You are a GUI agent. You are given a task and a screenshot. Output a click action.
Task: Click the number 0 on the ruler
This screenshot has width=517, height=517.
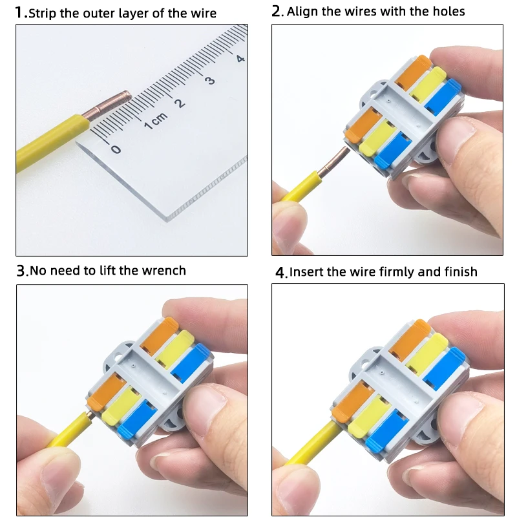[116, 149]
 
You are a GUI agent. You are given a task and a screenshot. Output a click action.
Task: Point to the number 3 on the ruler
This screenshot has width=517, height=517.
[209, 81]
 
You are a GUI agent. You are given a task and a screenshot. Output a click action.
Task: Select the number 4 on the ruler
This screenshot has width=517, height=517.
[240, 58]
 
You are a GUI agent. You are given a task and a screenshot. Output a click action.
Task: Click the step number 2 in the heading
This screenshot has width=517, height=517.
[277, 11]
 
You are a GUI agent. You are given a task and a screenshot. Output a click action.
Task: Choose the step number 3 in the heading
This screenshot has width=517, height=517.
[21, 271]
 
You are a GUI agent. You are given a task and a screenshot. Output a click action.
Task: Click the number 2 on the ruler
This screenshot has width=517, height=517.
[180, 103]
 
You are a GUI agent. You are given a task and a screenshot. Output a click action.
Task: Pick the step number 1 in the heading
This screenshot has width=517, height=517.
[19, 12]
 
